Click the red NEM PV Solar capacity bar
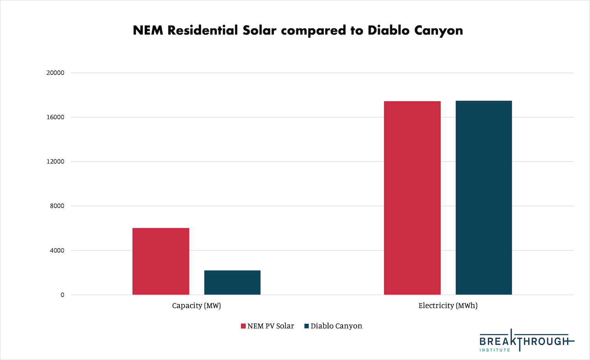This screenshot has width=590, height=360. point(160,261)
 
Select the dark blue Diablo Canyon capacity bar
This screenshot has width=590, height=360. point(232,283)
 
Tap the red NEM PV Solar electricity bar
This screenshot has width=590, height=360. point(412,198)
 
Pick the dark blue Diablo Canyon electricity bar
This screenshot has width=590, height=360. point(484,198)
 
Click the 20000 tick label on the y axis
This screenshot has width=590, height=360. point(55,73)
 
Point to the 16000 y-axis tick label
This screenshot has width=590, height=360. point(55,117)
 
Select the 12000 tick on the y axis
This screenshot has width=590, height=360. point(55,162)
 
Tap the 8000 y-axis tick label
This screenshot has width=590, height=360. point(57,206)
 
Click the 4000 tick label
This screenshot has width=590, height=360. point(57,250)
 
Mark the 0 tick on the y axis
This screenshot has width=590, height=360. point(62,295)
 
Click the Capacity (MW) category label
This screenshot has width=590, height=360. point(196,306)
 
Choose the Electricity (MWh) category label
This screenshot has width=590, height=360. point(448,306)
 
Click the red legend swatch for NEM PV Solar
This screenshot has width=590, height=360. point(243,326)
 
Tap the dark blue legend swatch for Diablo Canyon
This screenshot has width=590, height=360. point(307,326)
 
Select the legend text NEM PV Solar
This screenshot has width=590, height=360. point(271,326)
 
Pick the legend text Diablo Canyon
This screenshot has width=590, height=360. point(336,326)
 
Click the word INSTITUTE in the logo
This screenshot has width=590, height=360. point(494,350)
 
